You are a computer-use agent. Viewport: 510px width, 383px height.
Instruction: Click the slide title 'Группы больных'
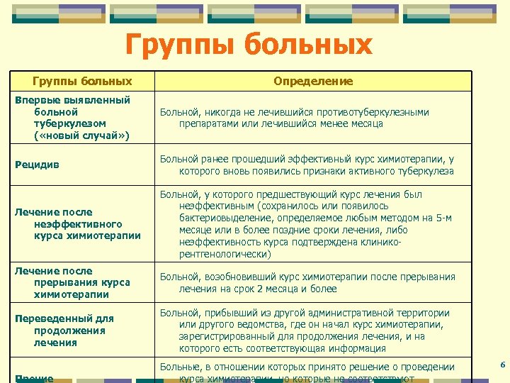pyautogui.click(x=249, y=45)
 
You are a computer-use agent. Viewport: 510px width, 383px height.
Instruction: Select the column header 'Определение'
pyautogui.click(x=313, y=81)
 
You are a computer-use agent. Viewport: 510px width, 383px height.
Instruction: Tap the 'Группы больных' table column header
pyautogui.click(x=83, y=81)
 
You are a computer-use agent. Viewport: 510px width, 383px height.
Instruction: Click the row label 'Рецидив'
pyautogui.click(x=37, y=165)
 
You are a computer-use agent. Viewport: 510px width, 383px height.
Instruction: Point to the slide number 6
pyautogui.click(x=501, y=365)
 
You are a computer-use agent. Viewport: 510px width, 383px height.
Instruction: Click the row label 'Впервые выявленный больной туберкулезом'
pyautogui.click(x=72, y=117)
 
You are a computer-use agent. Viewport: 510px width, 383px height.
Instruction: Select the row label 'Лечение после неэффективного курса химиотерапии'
pyautogui.click(x=77, y=223)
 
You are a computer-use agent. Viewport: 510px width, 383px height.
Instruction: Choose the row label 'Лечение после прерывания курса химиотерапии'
pyautogui.click(x=72, y=282)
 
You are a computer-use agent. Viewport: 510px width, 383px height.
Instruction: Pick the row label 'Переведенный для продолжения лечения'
pyautogui.click(x=64, y=331)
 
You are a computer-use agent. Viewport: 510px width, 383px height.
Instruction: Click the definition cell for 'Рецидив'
pyautogui.click(x=307, y=165)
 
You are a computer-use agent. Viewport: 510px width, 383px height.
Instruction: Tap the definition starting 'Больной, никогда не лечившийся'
pyautogui.click(x=294, y=118)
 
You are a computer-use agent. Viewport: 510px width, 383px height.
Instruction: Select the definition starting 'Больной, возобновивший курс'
pyautogui.click(x=307, y=282)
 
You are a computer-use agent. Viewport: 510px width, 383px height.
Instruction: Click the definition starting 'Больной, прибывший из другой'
pyautogui.click(x=305, y=331)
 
